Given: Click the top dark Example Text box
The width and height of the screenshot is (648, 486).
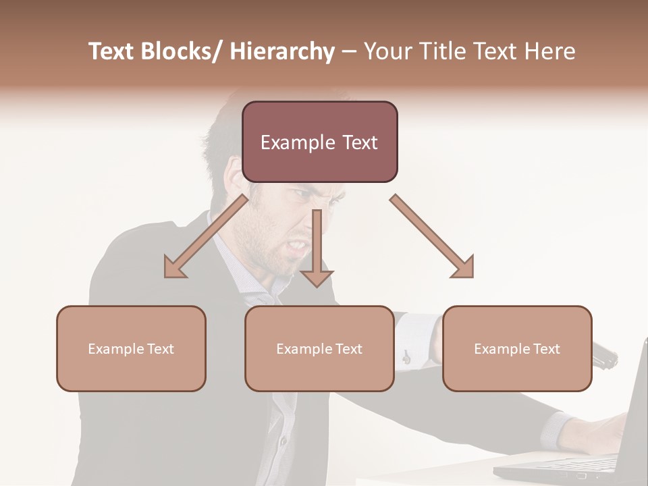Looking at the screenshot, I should (x=319, y=142).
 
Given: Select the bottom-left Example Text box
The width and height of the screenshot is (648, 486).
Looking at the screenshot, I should (x=131, y=348).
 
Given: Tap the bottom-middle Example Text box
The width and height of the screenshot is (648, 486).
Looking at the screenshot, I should (x=319, y=348).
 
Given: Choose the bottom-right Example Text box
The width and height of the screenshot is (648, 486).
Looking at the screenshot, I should (x=517, y=348).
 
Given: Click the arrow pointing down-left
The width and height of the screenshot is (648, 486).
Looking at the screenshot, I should (x=206, y=236).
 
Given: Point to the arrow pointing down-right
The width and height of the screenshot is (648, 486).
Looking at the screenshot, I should (x=432, y=236).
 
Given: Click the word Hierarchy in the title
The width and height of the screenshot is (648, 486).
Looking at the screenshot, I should (x=282, y=52).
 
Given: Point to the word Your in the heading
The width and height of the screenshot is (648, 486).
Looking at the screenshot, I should (x=385, y=52).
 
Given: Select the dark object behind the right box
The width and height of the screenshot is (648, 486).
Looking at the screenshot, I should (x=605, y=356).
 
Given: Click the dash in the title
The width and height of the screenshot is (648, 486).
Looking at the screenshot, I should (x=349, y=52).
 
